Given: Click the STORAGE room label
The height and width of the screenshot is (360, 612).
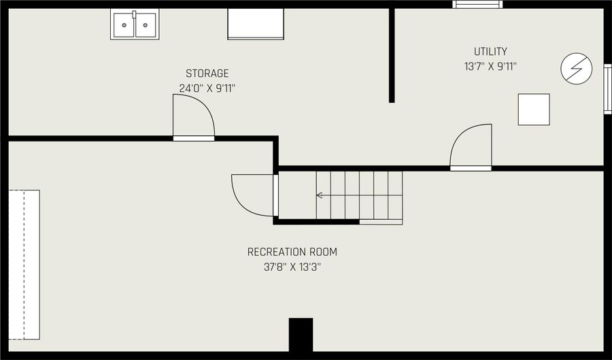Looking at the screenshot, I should (207, 73).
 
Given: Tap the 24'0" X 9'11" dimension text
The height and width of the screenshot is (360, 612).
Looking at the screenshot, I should (207, 88).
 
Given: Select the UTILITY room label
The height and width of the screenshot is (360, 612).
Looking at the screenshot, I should (490, 52).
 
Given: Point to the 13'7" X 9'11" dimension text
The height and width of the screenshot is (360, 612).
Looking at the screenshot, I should (490, 67).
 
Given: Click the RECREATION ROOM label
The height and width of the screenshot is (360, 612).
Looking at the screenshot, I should (292, 252).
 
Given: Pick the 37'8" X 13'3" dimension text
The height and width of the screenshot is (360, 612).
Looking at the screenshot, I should (292, 267).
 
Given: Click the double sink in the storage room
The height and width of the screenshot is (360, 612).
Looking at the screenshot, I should (135, 24).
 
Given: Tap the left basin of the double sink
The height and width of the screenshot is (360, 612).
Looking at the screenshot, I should (124, 26).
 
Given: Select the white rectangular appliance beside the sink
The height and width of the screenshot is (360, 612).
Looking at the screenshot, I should (255, 24).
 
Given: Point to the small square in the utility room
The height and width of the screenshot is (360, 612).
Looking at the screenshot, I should (534, 110).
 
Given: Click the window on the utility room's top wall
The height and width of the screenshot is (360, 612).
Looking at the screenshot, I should (478, 5).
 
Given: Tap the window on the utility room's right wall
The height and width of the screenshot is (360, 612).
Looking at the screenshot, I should (607, 88).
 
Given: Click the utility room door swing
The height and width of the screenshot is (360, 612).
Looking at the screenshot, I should (471, 146).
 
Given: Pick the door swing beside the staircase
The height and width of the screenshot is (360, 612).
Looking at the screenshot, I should (253, 195).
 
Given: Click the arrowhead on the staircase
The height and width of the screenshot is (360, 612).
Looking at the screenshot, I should (319, 195).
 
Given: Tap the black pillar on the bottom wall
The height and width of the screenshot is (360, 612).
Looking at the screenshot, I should (301, 335).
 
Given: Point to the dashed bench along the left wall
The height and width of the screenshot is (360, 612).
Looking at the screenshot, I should (24, 264).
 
